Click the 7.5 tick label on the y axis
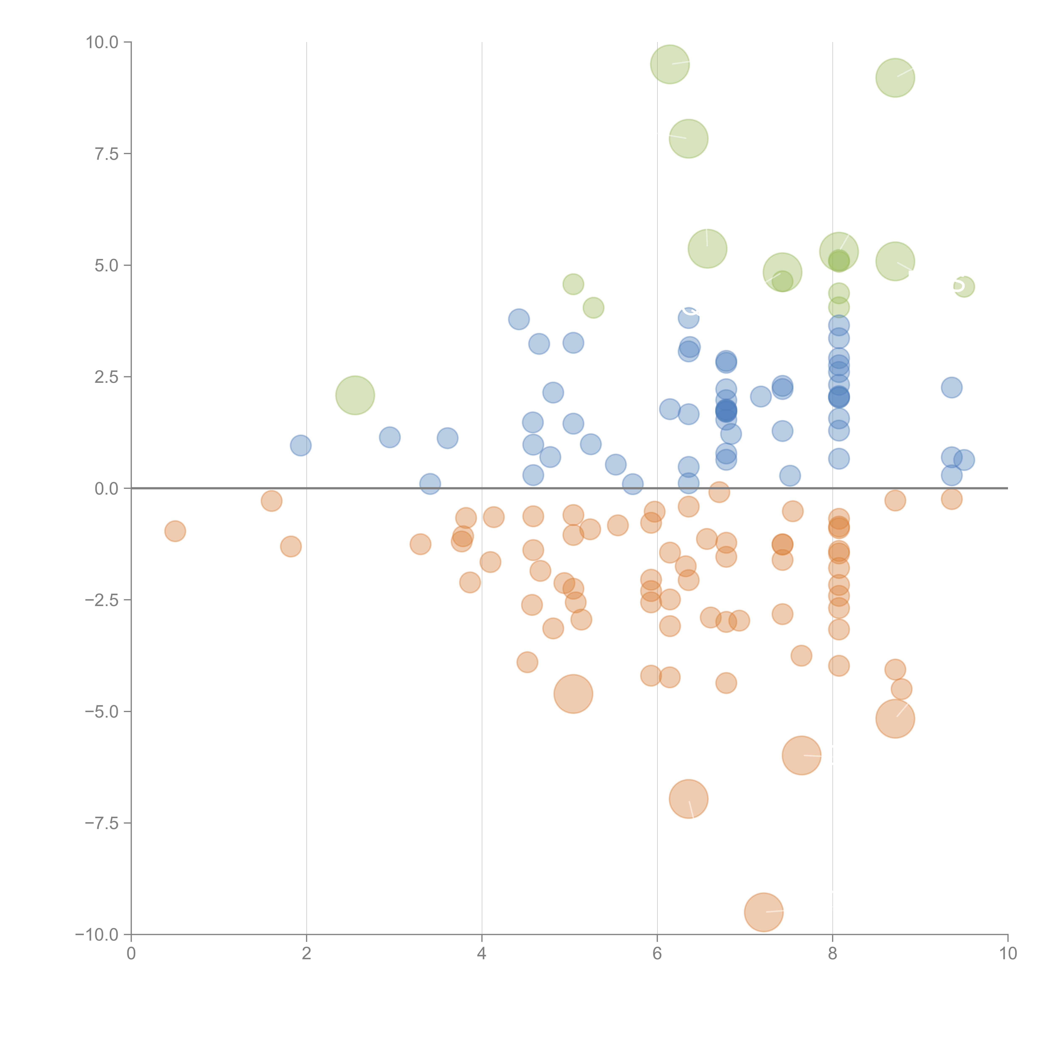[x=106, y=154]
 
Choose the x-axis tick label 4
[x=482, y=954]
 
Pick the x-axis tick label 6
[x=657, y=954]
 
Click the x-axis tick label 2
[x=307, y=954]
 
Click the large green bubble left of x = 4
[x=355, y=395]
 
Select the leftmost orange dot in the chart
[x=175, y=531]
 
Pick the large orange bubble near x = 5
[x=573, y=693]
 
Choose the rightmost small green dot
[x=964, y=287]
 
